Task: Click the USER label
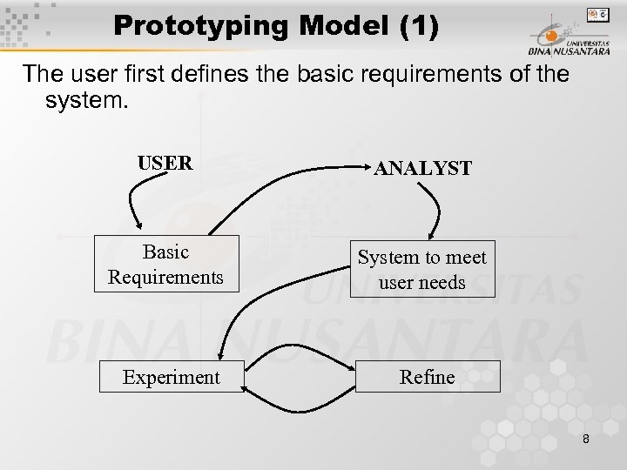[166, 162]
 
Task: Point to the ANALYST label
[423, 167]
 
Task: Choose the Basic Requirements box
[165, 264]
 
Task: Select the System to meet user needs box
[423, 270]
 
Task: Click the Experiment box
[172, 377]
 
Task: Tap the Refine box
[427, 377]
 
